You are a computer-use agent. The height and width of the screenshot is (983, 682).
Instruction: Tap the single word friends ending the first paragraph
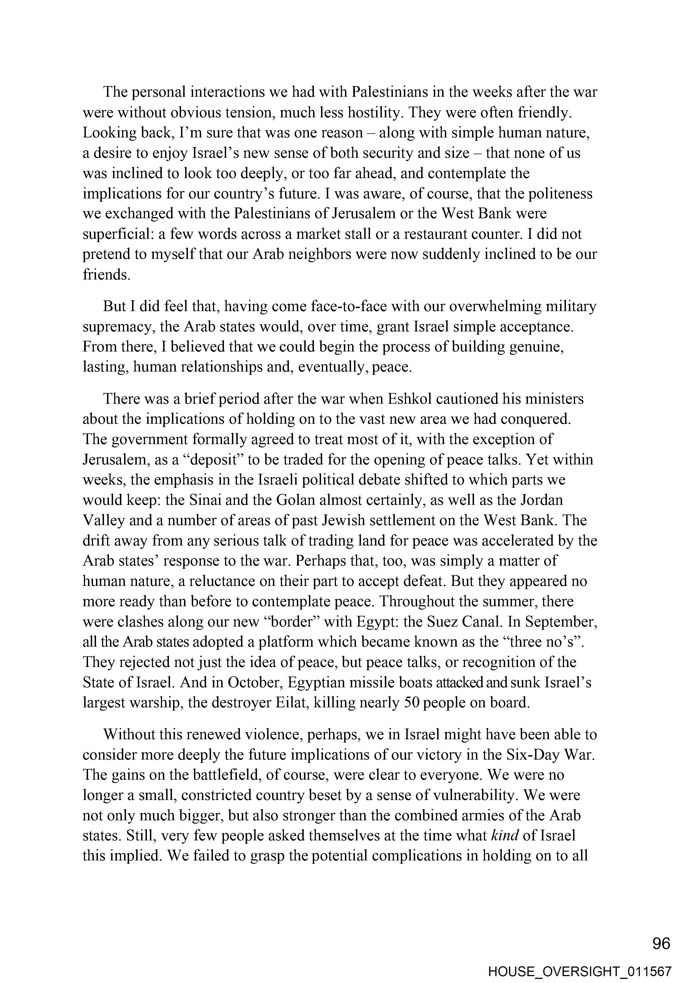pos(106,275)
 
